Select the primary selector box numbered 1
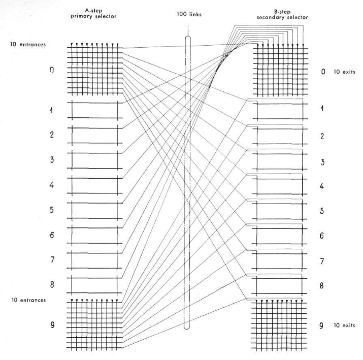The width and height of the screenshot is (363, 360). click(95, 110)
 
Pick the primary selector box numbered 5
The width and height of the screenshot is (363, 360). click(95, 209)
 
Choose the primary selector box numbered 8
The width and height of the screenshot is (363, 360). click(95, 284)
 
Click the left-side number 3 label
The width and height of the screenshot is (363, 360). click(52, 160)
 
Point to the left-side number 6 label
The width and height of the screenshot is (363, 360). click(52, 235)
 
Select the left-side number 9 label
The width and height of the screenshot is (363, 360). click(52, 323)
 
